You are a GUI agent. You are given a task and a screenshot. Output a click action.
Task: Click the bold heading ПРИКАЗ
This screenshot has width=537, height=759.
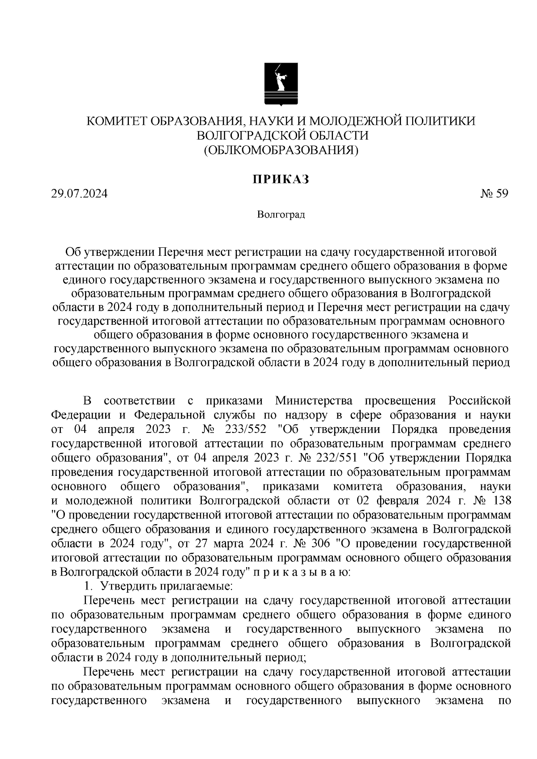pyautogui.click(x=281, y=179)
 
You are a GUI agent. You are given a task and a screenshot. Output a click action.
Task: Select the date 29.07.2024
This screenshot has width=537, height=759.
pyautogui.click(x=79, y=194)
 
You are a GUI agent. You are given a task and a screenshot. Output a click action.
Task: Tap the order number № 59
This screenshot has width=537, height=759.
pyautogui.click(x=494, y=194)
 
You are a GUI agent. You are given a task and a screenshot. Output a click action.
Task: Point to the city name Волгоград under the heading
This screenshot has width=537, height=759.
pyautogui.click(x=281, y=215)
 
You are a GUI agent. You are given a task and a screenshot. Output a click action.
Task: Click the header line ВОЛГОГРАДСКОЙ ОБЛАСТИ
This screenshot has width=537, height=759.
pyautogui.click(x=281, y=136)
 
